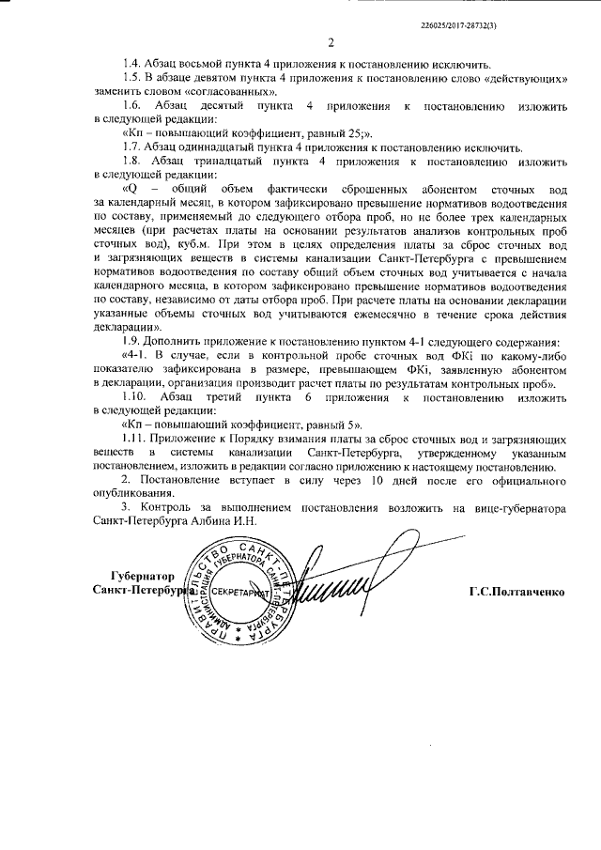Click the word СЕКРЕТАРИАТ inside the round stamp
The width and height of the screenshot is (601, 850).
238,594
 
